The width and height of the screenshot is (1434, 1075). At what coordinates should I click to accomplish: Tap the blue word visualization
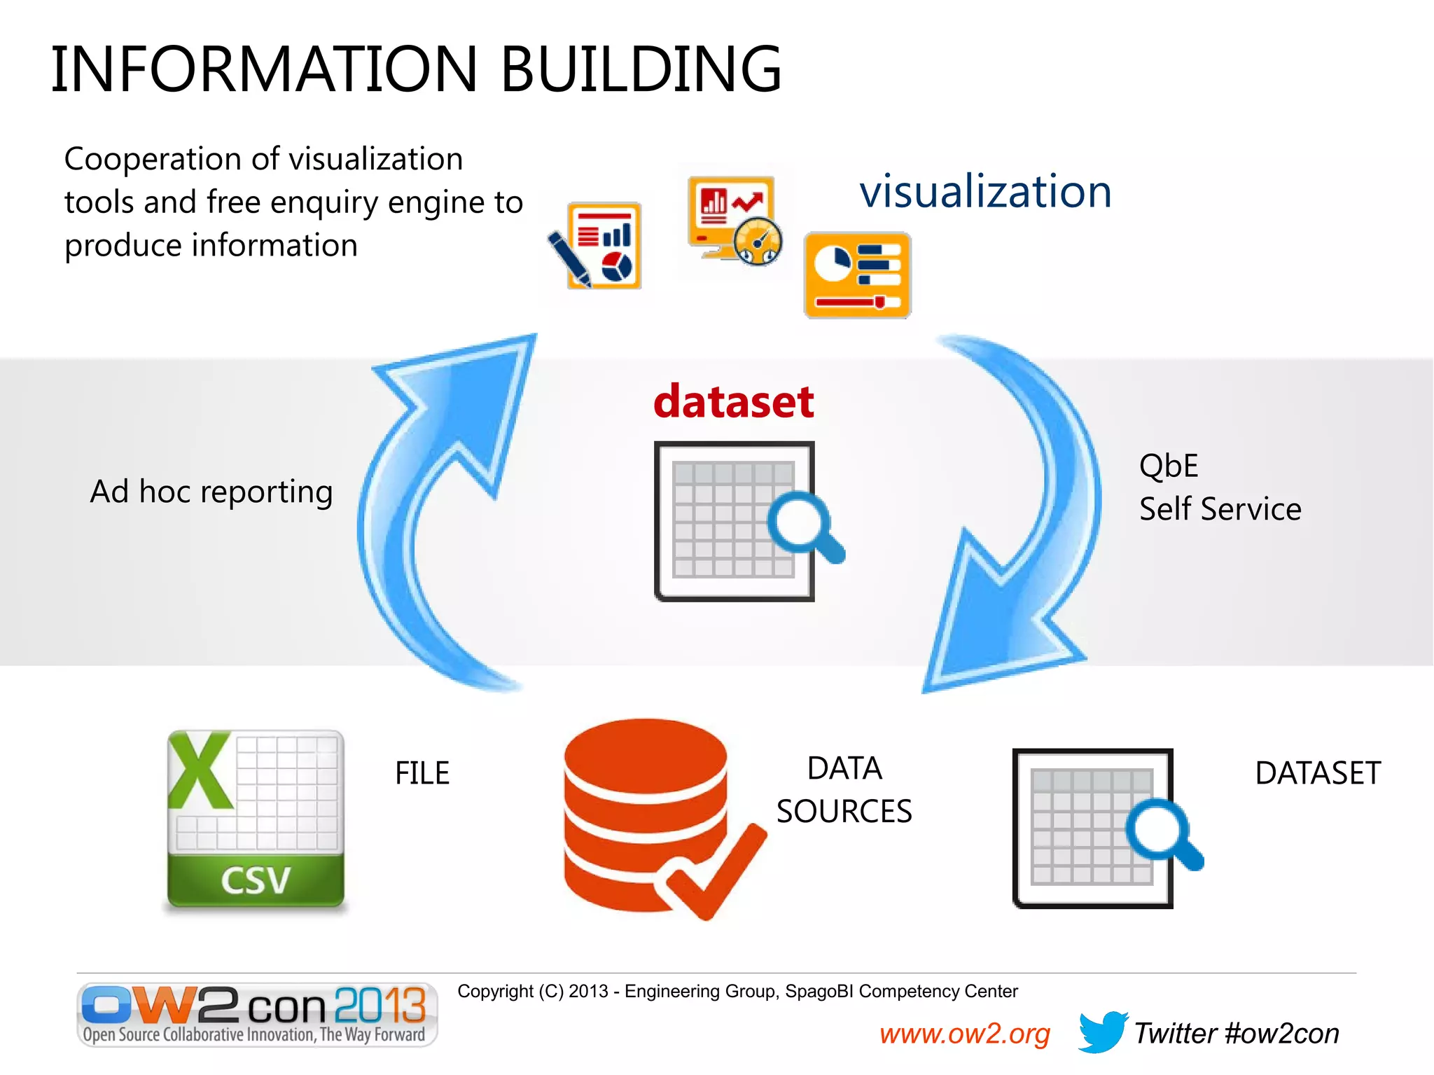click(985, 191)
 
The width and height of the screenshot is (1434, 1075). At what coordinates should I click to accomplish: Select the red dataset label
click(733, 401)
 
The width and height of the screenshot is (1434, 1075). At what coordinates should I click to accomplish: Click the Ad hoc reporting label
click(211, 492)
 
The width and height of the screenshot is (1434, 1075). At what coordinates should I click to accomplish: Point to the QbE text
click(1169, 466)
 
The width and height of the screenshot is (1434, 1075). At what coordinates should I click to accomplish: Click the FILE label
click(422, 773)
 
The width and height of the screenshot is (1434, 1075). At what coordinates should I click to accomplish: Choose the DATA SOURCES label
click(844, 789)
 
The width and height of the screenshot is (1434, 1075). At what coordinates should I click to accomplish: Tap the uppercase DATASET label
click(1318, 773)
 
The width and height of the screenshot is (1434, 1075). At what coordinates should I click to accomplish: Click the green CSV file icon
click(256, 819)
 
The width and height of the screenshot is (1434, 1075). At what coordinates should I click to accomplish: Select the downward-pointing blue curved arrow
click(1029, 525)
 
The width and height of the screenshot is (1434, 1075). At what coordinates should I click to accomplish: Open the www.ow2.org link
click(964, 1034)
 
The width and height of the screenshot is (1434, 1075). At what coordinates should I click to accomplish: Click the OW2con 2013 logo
click(257, 1013)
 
